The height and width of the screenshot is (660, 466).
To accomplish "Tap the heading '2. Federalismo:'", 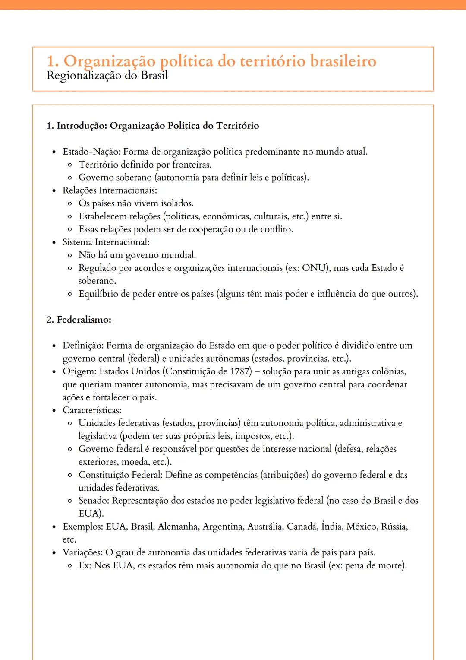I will click(79, 320).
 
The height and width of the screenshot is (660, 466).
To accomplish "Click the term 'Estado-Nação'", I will click(91, 152).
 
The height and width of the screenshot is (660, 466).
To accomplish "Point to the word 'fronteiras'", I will click(191, 165).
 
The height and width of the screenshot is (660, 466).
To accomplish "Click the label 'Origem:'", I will click(79, 371).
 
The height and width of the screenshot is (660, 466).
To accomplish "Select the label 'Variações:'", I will click(82, 552).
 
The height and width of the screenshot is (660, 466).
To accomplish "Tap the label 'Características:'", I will click(92, 410).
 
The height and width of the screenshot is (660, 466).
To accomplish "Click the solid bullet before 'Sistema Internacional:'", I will click(54, 242).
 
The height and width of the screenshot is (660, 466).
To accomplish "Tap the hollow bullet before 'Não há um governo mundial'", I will click(70, 255).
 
